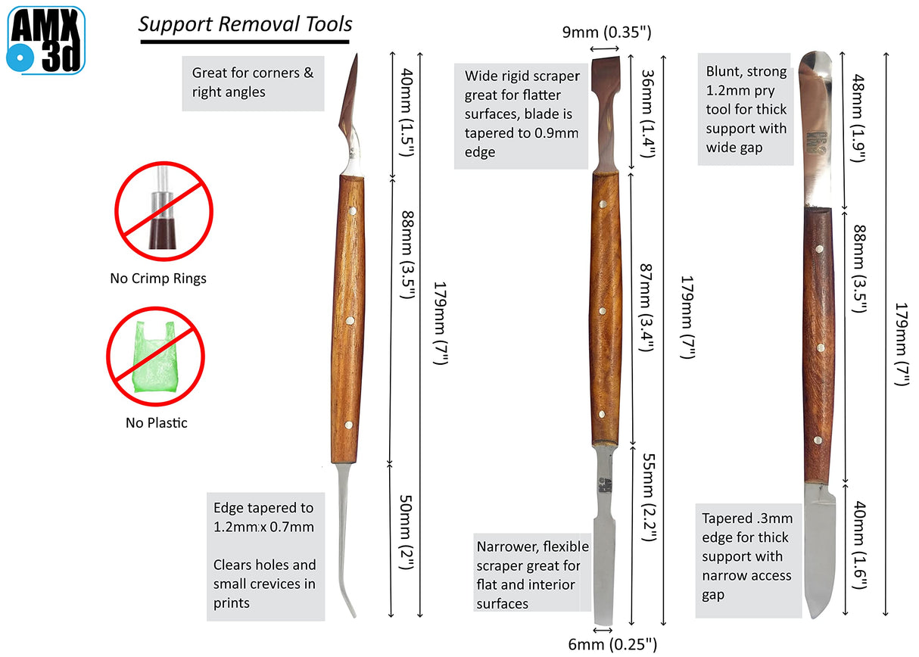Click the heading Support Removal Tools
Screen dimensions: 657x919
point(245,24)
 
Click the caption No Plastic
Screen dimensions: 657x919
point(156,423)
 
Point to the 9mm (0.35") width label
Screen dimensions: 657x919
point(607,33)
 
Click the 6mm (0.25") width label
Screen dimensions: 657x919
point(609,644)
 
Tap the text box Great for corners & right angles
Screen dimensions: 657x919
point(253,83)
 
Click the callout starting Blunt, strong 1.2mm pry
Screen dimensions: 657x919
point(745,111)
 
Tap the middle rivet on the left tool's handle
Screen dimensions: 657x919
point(350,321)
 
